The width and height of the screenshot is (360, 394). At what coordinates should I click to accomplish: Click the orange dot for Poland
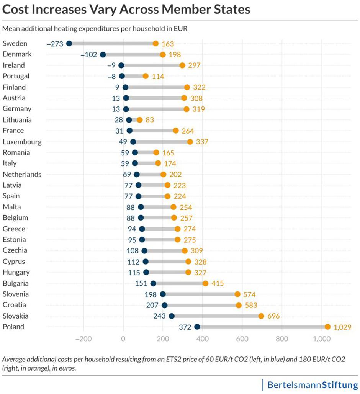(x=327, y=327)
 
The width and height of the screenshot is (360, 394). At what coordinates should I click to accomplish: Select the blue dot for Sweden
(x=69, y=43)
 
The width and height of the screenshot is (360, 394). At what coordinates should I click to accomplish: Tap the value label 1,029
(x=342, y=327)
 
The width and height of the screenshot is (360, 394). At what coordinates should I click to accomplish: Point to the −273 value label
(x=55, y=44)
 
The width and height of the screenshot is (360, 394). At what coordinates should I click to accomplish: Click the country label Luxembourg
(x=22, y=142)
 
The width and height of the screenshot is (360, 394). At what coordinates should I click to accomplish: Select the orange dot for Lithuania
(x=139, y=120)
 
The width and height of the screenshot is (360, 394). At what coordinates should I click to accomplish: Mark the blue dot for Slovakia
(x=172, y=316)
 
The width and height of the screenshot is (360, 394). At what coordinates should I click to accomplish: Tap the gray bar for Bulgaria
(x=179, y=283)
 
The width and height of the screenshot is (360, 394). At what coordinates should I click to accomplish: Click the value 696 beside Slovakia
(x=273, y=316)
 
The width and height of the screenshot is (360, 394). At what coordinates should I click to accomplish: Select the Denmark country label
(x=17, y=54)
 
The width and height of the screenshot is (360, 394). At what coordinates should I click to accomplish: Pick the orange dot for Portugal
(x=146, y=76)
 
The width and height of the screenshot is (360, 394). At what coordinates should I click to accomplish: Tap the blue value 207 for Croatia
(x=152, y=305)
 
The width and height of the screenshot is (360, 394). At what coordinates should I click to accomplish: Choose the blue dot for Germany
(x=126, y=109)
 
